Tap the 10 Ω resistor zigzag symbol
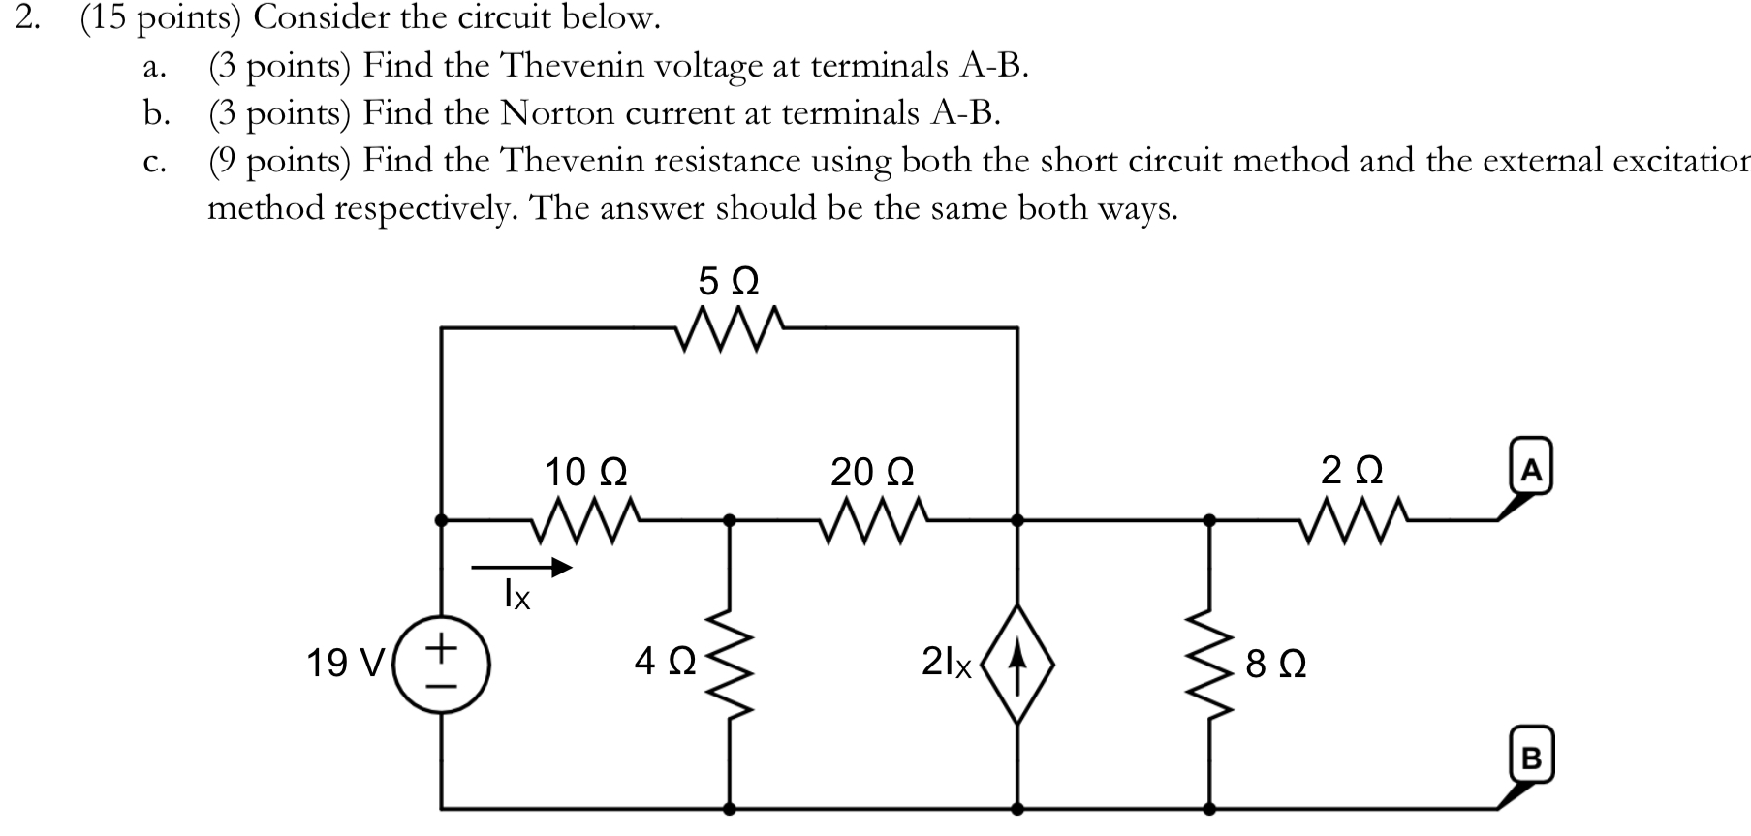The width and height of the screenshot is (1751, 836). click(x=585, y=521)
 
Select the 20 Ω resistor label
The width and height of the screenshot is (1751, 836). click(x=872, y=472)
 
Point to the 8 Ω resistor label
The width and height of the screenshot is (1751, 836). click(x=1276, y=665)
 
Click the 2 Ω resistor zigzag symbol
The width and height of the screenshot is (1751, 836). click(x=1351, y=521)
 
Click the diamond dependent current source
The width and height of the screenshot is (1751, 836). click(x=1016, y=663)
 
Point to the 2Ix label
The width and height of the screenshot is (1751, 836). click(x=946, y=663)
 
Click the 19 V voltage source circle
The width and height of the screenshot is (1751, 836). click(x=442, y=663)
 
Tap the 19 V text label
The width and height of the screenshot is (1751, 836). click(x=344, y=665)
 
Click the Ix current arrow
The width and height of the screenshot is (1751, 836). click(x=521, y=568)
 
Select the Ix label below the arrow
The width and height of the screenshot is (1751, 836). click(x=516, y=595)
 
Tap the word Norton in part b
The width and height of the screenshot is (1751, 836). click(x=557, y=113)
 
